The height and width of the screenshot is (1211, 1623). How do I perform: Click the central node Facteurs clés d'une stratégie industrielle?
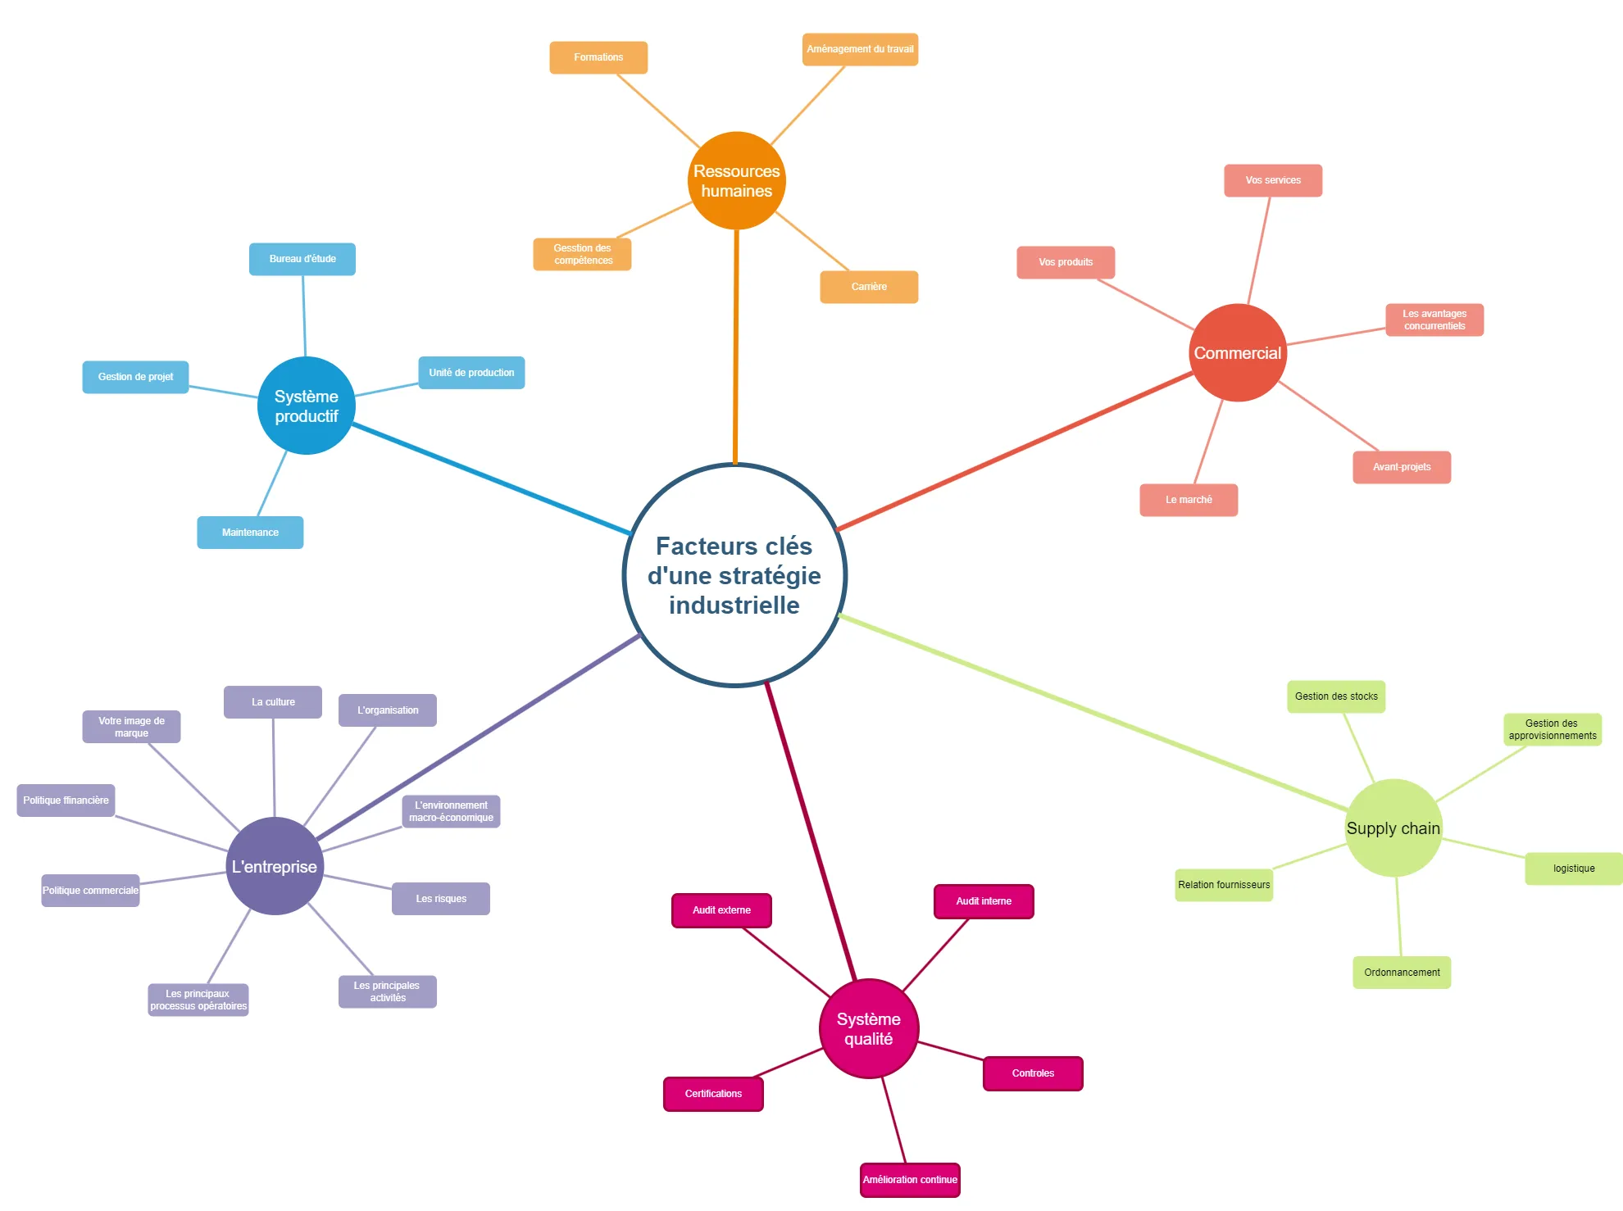click(x=734, y=575)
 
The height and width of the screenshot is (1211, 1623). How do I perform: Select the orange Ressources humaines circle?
click(x=736, y=181)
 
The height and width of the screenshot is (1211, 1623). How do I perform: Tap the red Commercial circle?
click(x=1237, y=353)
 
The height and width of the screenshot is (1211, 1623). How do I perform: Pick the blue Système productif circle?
click(x=306, y=406)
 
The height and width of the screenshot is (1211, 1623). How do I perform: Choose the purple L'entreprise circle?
click(x=275, y=866)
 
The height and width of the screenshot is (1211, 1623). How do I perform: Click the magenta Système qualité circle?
click(x=868, y=1028)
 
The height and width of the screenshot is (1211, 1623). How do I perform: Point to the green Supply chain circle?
click(x=1393, y=828)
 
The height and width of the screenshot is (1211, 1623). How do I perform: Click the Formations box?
click(x=598, y=57)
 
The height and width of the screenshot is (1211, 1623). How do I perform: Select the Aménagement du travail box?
click(x=860, y=49)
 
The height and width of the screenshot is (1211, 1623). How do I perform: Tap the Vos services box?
click(x=1273, y=180)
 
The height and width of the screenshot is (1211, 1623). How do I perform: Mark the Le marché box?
click(x=1189, y=500)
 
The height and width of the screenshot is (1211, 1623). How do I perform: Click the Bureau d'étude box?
click(x=302, y=259)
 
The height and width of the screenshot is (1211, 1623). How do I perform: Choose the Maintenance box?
click(x=250, y=533)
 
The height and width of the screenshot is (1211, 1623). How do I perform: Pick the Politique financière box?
click(x=66, y=801)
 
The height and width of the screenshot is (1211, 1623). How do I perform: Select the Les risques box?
click(x=441, y=899)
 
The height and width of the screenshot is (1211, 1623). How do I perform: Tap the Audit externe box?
click(x=721, y=910)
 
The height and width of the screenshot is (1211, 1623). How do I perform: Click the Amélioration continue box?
click(x=910, y=1180)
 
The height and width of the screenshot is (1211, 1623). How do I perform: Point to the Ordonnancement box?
click(x=1402, y=973)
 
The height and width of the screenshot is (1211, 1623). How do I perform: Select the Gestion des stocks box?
click(x=1336, y=696)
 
